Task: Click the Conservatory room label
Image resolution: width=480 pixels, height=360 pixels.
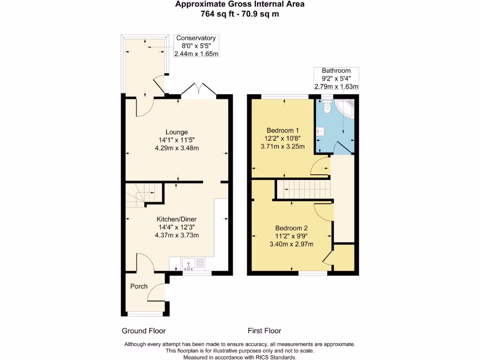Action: click(x=196, y=38)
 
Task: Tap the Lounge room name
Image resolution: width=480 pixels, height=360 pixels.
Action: click(x=177, y=132)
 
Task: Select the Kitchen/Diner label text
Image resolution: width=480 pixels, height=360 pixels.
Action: click(x=176, y=219)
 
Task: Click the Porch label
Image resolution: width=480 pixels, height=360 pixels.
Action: click(x=139, y=286)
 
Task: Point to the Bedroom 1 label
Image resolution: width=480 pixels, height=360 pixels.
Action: click(x=283, y=130)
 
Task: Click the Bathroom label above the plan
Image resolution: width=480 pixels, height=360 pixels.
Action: click(x=336, y=70)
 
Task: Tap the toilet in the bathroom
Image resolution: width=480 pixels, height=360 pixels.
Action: click(x=327, y=107)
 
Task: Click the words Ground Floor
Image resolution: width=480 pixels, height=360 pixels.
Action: click(x=144, y=330)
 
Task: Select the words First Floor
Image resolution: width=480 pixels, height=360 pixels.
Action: click(x=264, y=330)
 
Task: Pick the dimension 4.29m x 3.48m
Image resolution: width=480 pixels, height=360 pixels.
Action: click(x=177, y=148)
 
